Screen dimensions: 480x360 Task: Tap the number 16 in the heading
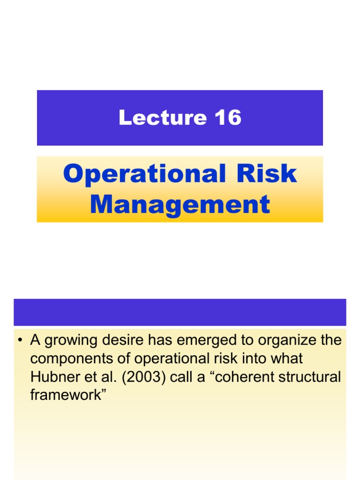(x=228, y=117)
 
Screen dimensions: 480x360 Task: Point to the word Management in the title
(x=180, y=204)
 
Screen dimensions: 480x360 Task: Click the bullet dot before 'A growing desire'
(x=21, y=341)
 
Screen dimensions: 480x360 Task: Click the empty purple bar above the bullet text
(x=180, y=312)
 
